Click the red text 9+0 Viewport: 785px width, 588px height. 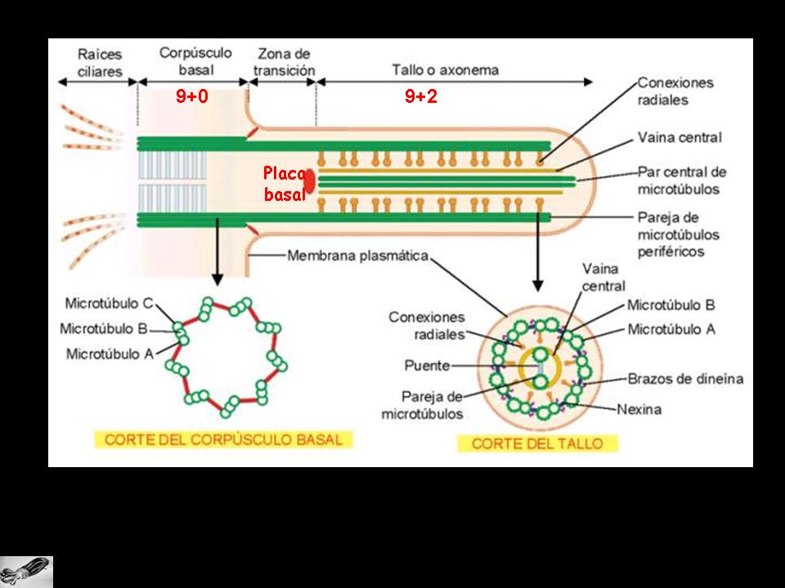(192, 96)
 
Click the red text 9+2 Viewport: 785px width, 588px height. (421, 96)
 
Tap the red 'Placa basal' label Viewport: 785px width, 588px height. (284, 184)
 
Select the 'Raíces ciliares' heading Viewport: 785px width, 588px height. (100, 63)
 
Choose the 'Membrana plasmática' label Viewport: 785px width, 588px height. (357, 256)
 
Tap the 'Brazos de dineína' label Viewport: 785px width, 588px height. (685, 378)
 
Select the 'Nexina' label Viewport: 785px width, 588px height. (662, 408)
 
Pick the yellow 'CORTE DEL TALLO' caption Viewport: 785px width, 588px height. (537, 443)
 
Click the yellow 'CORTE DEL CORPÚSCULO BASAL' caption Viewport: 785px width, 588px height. (223, 439)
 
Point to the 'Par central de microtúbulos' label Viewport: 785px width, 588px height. (681, 180)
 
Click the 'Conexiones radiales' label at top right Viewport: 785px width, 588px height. (675, 91)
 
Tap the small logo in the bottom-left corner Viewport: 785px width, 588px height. (26, 571)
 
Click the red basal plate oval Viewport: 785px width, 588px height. (311, 182)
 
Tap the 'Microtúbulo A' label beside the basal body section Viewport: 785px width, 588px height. (109, 354)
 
